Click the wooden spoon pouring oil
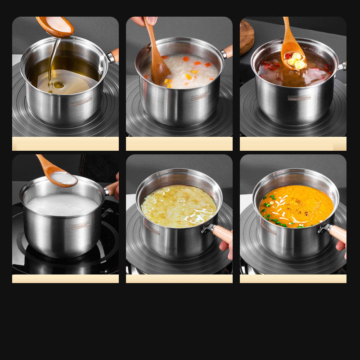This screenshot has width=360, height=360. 56,26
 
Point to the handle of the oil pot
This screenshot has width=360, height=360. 114,55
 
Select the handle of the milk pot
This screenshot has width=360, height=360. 111,188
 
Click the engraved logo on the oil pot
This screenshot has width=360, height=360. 81,100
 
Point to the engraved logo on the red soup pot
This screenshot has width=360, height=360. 299,97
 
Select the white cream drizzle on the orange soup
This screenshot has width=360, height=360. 288,211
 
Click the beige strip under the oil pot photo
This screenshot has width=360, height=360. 65,144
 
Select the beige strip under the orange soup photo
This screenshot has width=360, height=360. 293,279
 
